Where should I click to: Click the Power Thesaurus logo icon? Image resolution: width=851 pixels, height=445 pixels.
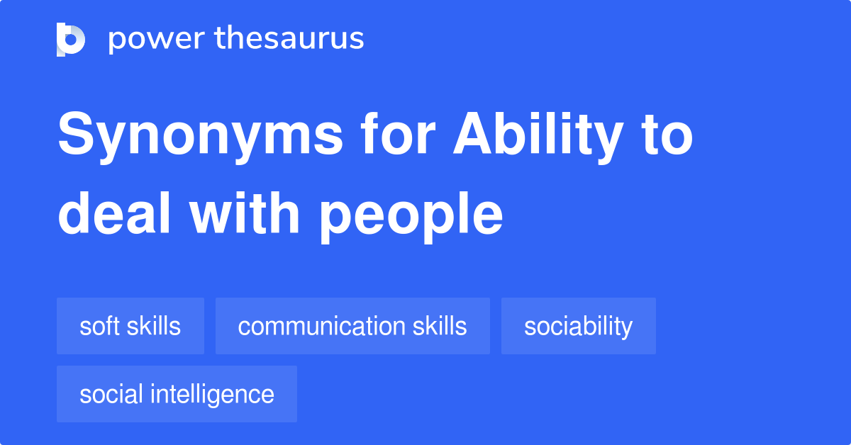70,39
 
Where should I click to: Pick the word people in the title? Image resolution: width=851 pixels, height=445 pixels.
411,215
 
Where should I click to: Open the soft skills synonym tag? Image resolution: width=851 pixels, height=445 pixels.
130,326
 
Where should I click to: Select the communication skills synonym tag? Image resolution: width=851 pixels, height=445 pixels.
352,326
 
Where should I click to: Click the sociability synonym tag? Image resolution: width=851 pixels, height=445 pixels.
578,326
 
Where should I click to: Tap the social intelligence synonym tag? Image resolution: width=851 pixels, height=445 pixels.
177,394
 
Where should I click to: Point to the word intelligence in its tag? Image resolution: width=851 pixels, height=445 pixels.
218,394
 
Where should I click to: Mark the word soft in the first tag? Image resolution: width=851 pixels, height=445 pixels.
97,326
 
